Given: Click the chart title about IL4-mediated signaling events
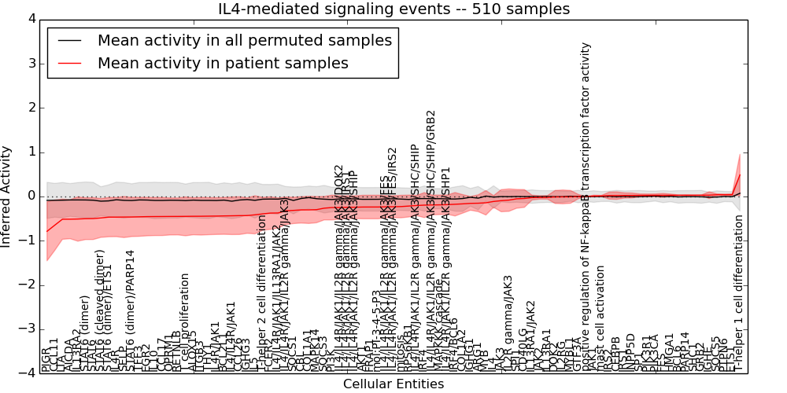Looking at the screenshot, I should pyautogui.click(x=393, y=9).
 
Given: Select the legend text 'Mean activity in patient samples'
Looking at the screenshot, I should pyautogui.click(x=223, y=63).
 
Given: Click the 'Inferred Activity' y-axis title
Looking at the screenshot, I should pyautogui.click(x=7, y=196).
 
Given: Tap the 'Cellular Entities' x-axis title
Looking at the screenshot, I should pyautogui.click(x=393, y=384).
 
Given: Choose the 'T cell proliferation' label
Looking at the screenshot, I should pyautogui.click(x=186, y=322).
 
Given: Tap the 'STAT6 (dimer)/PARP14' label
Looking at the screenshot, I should pyautogui.click(x=131, y=310).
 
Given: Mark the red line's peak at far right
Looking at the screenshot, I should pyautogui.click(x=740, y=174).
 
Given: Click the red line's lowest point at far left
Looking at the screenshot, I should pyautogui.click(x=47, y=231).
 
